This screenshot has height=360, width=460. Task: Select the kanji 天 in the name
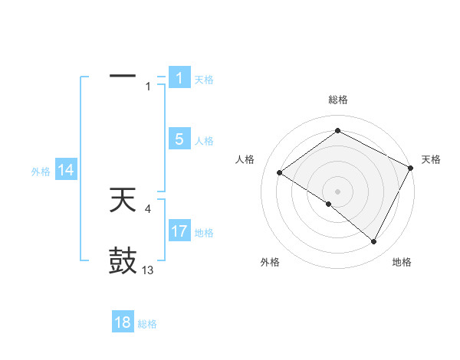pos(123,201)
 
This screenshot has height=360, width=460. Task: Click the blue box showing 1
pos(179,78)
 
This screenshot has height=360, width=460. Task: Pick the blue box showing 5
pos(179,139)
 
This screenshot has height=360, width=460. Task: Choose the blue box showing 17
pos(179,231)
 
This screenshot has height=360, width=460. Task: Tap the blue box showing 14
pos(66,171)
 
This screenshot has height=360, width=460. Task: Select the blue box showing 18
pos(123,322)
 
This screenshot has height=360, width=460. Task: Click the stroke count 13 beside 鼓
pos(148,270)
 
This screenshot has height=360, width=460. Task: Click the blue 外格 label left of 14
pos(41,172)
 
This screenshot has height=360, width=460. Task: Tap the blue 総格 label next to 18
pos(147,324)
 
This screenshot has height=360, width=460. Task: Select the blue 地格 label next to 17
pos(204,233)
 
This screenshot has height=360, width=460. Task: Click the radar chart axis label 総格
pos(337,100)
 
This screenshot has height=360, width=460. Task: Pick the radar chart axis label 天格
pos(431,159)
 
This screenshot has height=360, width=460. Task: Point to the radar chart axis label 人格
pos(245,159)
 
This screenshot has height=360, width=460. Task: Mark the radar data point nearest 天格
pos(410,168)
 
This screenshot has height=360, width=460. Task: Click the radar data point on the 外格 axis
pos(328,204)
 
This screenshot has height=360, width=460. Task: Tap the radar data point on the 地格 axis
pos(374,242)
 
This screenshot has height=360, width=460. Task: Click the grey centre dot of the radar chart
pos(337,191)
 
